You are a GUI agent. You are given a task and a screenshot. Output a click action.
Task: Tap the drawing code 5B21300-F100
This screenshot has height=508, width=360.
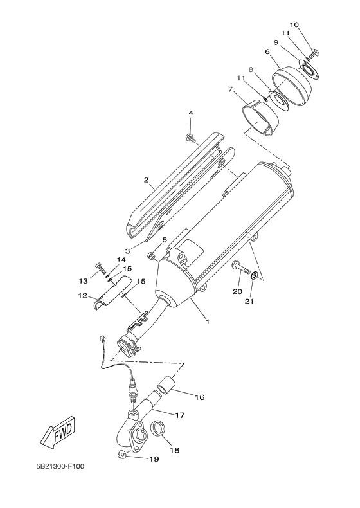pyautogui.click(x=60, y=467)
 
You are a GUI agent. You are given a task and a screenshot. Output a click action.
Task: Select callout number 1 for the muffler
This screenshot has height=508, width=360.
pyautogui.click(x=208, y=322)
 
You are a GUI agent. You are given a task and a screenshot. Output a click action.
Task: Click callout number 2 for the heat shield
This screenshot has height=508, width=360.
pyautogui.click(x=146, y=179)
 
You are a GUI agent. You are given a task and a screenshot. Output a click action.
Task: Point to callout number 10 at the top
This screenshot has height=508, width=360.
pyautogui.click(x=294, y=24)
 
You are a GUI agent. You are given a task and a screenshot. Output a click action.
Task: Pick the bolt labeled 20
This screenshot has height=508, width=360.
pyautogui.click(x=240, y=268)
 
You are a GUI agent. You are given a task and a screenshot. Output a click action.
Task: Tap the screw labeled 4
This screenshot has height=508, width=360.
pyautogui.click(x=191, y=138)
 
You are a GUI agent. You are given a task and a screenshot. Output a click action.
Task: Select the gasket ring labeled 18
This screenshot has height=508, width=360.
pyautogui.click(x=159, y=429)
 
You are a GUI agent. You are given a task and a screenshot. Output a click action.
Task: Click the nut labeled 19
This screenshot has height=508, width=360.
pyautogui.click(x=122, y=455)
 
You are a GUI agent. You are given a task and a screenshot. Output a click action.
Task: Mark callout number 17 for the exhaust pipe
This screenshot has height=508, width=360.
pyautogui.click(x=180, y=415)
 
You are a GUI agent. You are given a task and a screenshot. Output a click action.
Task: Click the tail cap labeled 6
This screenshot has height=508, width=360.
pyautogui.click(x=292, y=86)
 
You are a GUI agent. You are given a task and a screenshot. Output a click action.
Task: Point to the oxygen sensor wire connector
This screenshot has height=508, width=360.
pyautogui.click(x=104, y=340)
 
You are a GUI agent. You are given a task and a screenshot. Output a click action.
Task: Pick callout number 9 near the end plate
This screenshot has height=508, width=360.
pyautogui.click(x=276, y=42)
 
